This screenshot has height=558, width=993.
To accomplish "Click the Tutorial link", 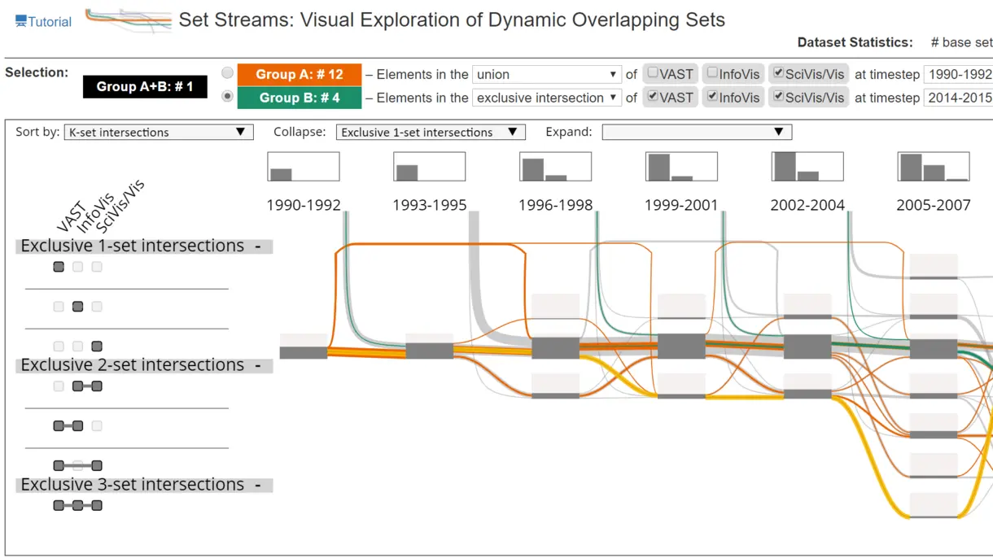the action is tap(43, 22).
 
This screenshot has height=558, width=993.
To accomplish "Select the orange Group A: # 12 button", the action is tap(300, 74).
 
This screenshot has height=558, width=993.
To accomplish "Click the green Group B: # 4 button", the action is tap(300, 98).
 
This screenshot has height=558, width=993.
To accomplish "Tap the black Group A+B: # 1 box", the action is tap(145, 86).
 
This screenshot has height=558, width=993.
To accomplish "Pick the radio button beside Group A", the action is tap(227, 72).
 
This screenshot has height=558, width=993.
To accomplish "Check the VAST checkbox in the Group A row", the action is tap(652, 72).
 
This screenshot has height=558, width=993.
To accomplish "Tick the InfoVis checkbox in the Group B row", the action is tap(712, 96).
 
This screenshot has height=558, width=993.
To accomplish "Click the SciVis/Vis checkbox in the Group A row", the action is tap(778, 72).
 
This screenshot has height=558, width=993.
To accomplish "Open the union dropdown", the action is tap(546, 74).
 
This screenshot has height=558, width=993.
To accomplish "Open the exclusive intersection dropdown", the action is tap(546, 98).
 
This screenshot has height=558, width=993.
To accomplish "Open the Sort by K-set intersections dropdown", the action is tap(159, 132).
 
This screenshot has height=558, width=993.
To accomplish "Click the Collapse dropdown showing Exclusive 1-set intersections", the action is tap(431, 132).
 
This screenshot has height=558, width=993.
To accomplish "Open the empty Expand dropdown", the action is tap(697, 132).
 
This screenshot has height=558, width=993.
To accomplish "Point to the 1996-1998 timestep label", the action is tap(555, 205).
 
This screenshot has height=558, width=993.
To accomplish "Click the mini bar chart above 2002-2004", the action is tap(807, 167).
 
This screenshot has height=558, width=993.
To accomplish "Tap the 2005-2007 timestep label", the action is tap(933, 205).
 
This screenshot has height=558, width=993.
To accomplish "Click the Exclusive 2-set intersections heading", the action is tap(133, 365).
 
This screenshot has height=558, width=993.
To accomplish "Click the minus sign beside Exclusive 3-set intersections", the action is tap(258, 486).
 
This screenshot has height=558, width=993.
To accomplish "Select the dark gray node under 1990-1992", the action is tap(304, 352).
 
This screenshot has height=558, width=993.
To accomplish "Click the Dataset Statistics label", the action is tap(855, 42).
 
